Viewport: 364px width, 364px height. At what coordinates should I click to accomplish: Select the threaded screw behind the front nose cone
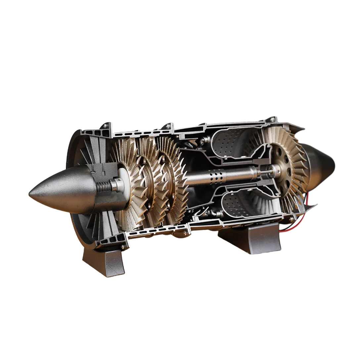[x=105, y=186]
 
